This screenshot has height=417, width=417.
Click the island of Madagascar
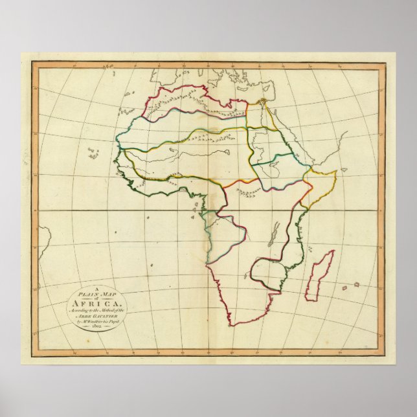[319, 276]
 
